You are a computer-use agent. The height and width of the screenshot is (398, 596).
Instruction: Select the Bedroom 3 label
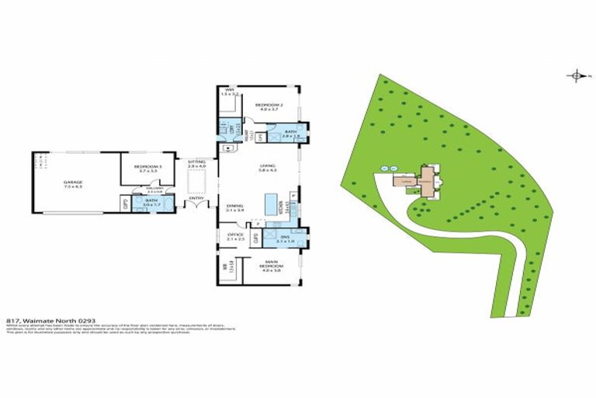147,167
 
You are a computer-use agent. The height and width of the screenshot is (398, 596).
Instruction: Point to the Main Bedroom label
271,265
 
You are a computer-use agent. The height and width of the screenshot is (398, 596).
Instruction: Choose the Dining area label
234,207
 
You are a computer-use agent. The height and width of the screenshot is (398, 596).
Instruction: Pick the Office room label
236,236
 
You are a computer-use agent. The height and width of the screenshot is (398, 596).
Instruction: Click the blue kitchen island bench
272,205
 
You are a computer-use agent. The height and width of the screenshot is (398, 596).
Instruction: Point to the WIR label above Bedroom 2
230,91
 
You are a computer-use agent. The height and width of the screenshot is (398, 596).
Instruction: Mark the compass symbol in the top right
576,75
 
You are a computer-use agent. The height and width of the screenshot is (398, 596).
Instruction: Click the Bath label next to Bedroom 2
290,133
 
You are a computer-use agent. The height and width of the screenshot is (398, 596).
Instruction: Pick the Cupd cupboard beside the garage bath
125,204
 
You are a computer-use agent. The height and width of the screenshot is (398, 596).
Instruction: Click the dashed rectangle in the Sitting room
196,180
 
